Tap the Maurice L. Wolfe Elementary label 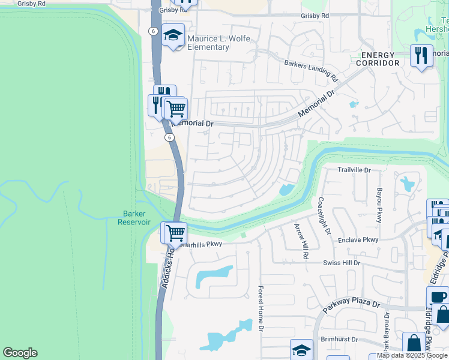(218, 43)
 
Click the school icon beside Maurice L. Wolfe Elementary (173, 35)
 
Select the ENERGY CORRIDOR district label (377, 59)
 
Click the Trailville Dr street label (354, 170)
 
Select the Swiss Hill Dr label (341, 263)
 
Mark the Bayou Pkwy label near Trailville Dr (379, 205)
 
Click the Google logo (20, 353)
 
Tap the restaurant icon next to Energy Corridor (421, 56)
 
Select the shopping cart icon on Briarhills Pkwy (175, 233)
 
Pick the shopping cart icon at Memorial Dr (175, 109)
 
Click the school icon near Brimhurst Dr (301, 350)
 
